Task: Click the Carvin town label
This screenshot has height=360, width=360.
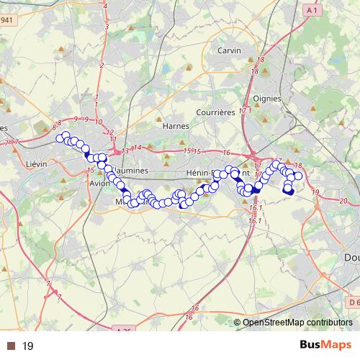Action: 229,50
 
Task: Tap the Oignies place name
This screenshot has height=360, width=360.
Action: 268,99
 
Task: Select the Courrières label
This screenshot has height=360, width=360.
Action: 215,112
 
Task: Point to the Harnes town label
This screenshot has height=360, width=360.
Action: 176,125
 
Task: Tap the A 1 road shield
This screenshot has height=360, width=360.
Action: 312,11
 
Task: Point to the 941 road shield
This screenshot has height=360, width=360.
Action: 5,20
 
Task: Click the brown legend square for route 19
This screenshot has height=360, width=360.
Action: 10,346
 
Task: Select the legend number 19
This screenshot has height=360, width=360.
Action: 28,346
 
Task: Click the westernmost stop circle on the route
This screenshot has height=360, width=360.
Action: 59,138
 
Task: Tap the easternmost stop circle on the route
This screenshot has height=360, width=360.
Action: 298,176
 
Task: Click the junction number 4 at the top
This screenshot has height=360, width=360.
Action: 107,6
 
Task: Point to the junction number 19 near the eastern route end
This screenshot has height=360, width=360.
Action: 315,192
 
